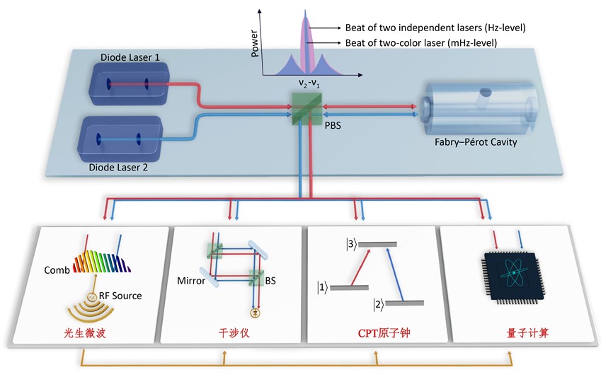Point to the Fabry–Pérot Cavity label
coord(476,142)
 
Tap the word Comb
coord(56,269)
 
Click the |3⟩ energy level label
coord(349,244)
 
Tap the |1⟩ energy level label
coord(322,287)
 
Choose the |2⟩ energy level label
coord(380,304)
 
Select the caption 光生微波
coord(84,332)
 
